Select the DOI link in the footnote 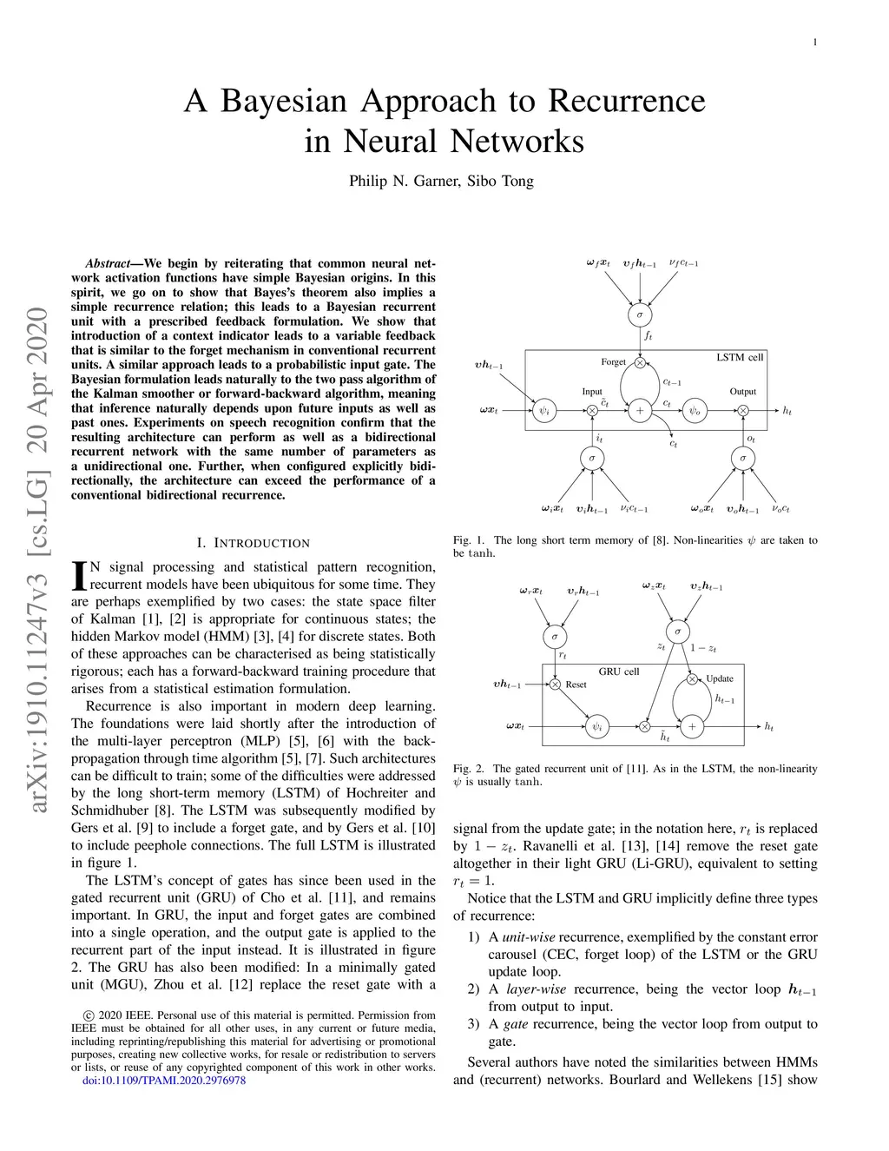(163, 1080)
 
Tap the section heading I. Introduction (253, 543)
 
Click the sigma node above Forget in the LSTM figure (640, 314)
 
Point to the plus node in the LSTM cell (640, 411)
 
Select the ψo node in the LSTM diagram (695, 411)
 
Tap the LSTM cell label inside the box (740, 357)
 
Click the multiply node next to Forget (640, 362)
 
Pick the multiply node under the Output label (743, 411)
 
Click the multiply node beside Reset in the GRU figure (555, 685)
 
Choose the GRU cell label (619, 671)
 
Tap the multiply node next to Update (692, 679)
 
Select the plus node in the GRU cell (692, 726)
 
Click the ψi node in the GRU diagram (596, 726)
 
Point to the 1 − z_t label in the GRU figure (703, 648)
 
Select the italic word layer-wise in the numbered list (536, 989)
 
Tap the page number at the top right (814, 42)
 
